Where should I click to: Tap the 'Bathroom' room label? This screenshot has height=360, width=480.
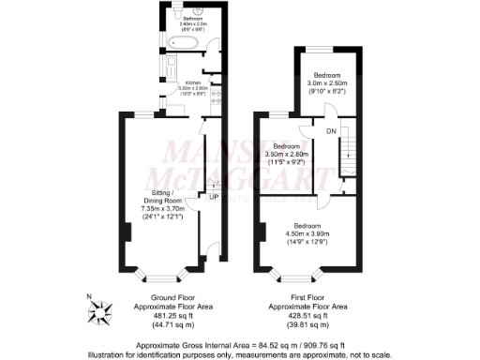click(194, 18)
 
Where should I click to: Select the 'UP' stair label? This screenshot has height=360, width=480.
click(213, 198)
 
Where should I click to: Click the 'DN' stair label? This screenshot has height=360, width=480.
click(331, 131)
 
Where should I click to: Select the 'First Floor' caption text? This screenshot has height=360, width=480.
click(307, 297)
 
